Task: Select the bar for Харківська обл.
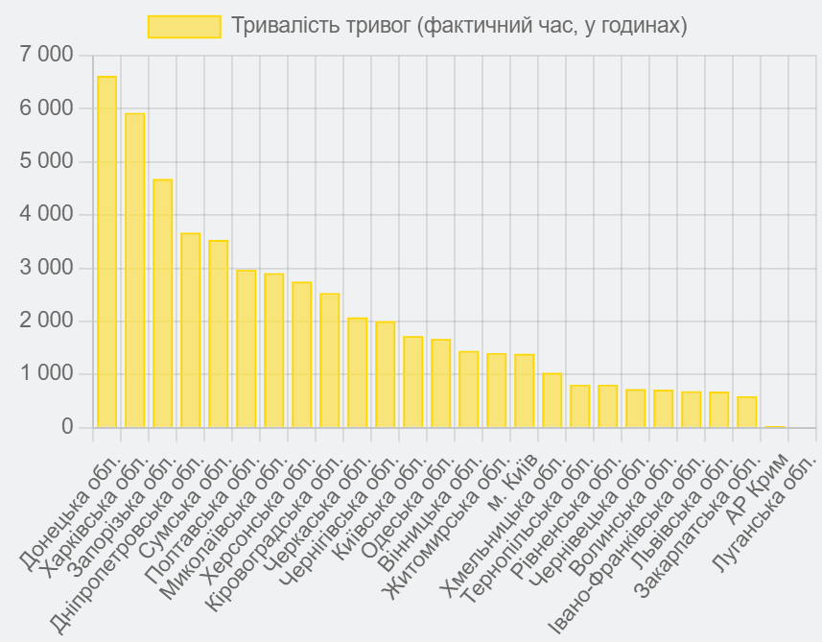click(x=134, y=270)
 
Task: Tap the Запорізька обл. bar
click(x=162, y=303)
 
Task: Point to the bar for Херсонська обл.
click(x=301, y=354)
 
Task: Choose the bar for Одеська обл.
click(x=440, y=383)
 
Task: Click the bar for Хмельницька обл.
click(x=552, y=400)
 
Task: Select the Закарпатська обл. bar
click(x=746, y=412)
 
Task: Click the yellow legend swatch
click(x=184, y=26)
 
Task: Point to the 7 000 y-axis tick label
click(x=46, y=56)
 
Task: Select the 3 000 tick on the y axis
click(x=46, y=268)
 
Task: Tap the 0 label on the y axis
click(x=66, y=427)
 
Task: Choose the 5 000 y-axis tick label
click(x=46, y=162)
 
